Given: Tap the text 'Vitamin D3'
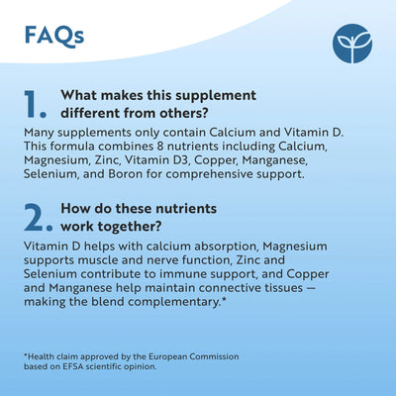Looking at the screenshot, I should [168, 159].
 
